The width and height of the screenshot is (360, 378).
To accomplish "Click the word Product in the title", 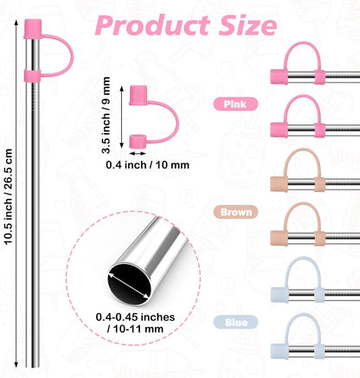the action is pos(153,25).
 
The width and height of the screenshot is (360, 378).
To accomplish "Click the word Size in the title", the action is pos(247,25).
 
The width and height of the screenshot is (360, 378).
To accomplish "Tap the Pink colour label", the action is pos(235,104).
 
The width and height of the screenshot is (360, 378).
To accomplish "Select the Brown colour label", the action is pos(235,212).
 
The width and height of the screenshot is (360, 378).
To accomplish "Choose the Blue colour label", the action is pos(235,322).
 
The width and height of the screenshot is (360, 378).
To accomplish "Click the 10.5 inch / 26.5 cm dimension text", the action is pos(8,196).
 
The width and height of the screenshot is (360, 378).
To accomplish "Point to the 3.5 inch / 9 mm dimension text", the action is pos(106,115).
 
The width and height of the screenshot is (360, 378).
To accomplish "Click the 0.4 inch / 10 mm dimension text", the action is pos(147,165).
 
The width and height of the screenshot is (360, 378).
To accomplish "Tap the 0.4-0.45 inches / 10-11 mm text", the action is pos(135,323).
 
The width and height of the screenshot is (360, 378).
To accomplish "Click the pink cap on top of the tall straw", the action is pos(33,29).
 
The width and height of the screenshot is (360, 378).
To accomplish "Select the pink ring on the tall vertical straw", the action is pos(32,76).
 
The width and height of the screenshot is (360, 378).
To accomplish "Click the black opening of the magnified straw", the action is pos(129,284).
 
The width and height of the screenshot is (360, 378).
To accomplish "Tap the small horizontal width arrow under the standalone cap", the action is pos(138,153).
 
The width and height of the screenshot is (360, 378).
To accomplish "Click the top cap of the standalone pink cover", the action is pos(138,95).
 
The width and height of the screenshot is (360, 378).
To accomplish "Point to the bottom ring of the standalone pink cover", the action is pos(138,141).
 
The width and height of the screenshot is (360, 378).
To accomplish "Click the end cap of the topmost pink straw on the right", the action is pos(279,77).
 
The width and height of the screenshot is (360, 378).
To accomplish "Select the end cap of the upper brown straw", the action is pos(279,184).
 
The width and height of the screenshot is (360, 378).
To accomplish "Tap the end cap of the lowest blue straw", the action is pos(280,351).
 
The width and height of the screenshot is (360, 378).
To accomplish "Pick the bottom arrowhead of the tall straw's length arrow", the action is pos(16,364).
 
